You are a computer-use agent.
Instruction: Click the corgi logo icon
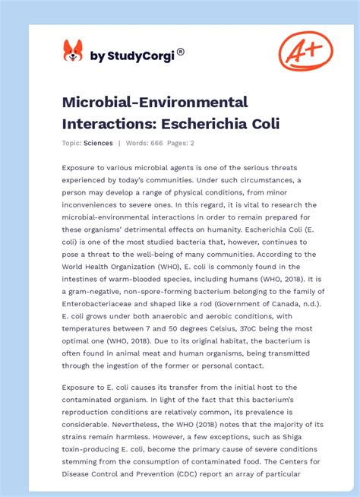pos(72,52)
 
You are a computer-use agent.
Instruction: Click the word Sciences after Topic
pos(99,143)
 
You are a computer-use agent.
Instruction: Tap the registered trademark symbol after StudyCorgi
pos(181,52)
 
